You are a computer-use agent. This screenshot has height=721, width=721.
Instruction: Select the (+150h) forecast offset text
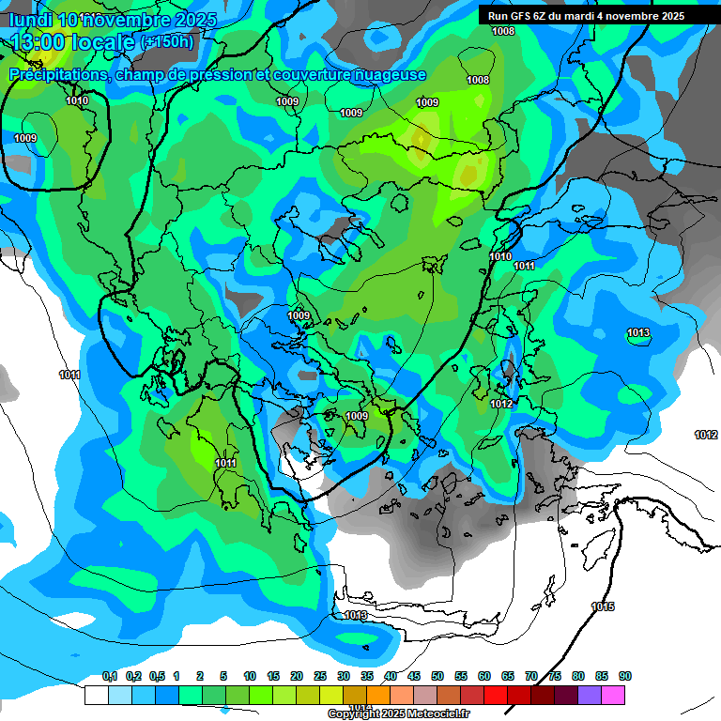[x=165, y=41]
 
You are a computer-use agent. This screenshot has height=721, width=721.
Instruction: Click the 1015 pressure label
[x=603, y=606]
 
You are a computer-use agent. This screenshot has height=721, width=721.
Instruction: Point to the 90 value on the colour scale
[x=625, y=676]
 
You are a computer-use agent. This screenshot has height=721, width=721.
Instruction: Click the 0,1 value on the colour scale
[x=109, y=676]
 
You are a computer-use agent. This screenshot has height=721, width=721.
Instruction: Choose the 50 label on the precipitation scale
[x=437, y=676]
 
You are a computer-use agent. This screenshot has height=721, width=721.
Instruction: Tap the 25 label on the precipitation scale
[x=320, y=676]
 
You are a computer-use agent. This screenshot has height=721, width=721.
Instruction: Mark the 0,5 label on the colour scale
[x=156, y=676]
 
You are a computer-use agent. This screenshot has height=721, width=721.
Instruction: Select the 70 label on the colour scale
[x=531, y=676]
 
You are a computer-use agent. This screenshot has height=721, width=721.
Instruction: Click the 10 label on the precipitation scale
[x=250, y=676]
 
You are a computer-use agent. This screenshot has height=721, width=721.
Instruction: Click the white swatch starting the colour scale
[x=96, y=695]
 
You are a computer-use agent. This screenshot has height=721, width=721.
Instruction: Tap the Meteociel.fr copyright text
[x=398, y=713]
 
